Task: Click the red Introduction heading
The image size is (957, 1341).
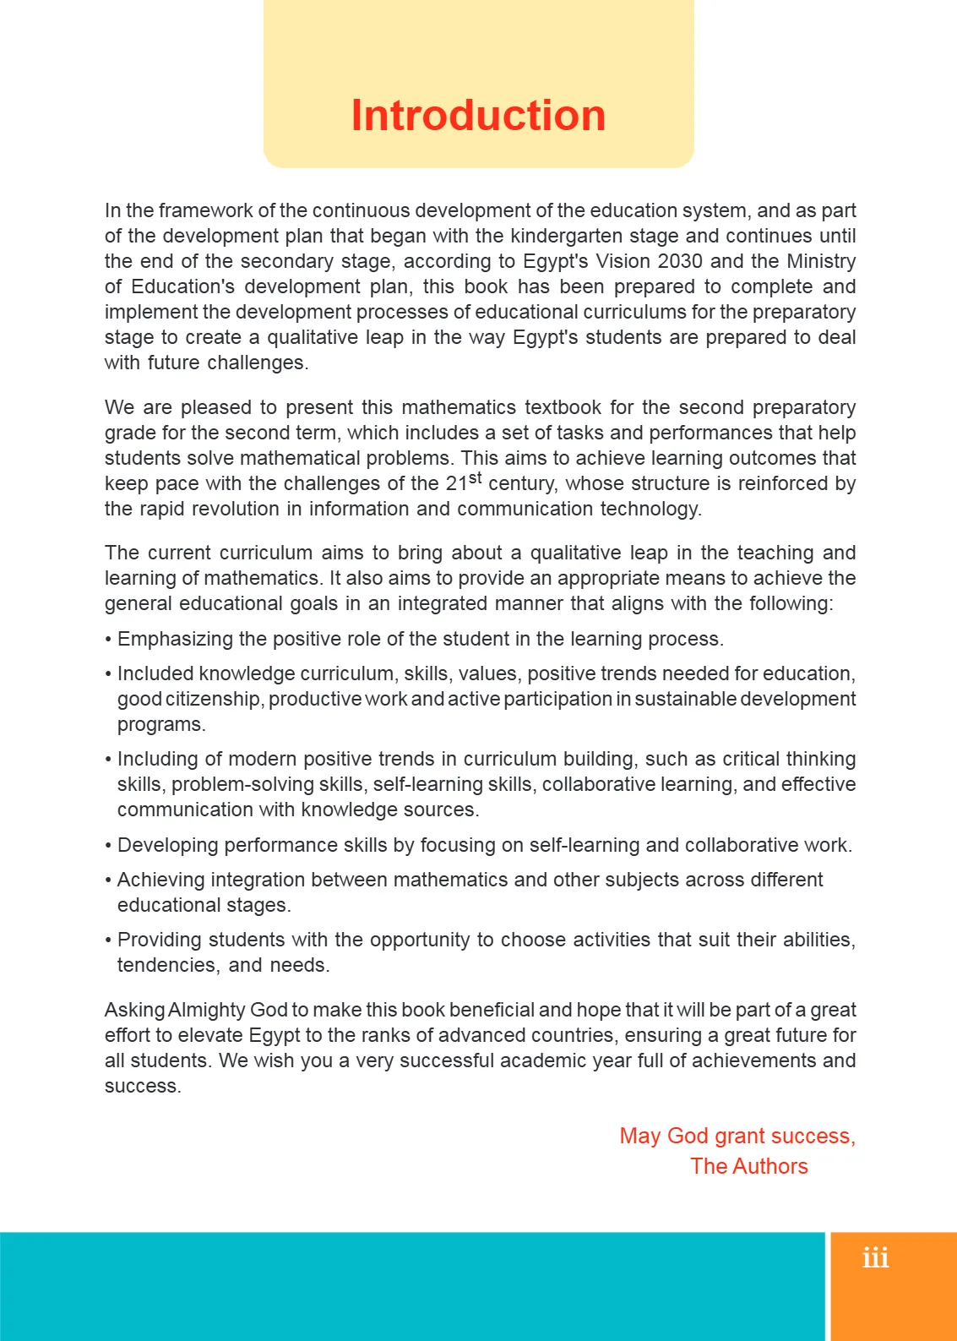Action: click(478, 116)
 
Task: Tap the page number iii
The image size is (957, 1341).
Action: click(876, 1258)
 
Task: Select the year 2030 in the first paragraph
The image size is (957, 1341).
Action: click(680, 261)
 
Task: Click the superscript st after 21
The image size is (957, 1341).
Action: click(475, 478)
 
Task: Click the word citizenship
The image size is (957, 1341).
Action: click(214, 699)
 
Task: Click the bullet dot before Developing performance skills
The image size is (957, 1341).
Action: click(108, 846)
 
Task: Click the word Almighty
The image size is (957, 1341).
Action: click(207, 1010)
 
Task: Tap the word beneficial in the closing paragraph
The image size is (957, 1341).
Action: click(491, 1010)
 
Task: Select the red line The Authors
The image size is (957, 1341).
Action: click(749, 1166)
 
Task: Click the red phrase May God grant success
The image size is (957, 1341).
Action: click(737, 1136)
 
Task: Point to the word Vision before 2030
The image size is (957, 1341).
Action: click(624, 261)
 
